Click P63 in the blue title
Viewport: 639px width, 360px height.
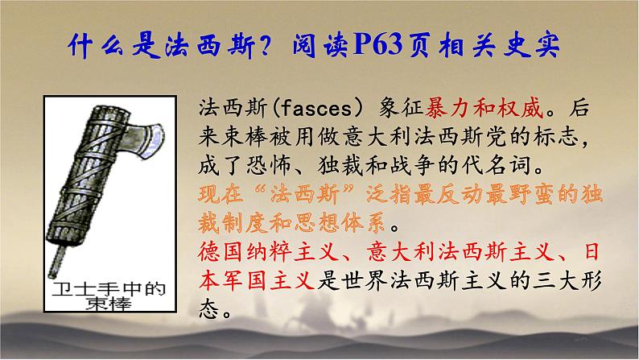click(x=377, y=44)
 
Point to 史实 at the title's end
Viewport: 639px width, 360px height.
click(x=531, y=44)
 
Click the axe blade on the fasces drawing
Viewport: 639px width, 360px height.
click(x=145, y=141)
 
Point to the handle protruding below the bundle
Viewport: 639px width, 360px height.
click(x=58, y=259)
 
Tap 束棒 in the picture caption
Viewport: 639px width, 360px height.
click(x=109, y=304)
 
